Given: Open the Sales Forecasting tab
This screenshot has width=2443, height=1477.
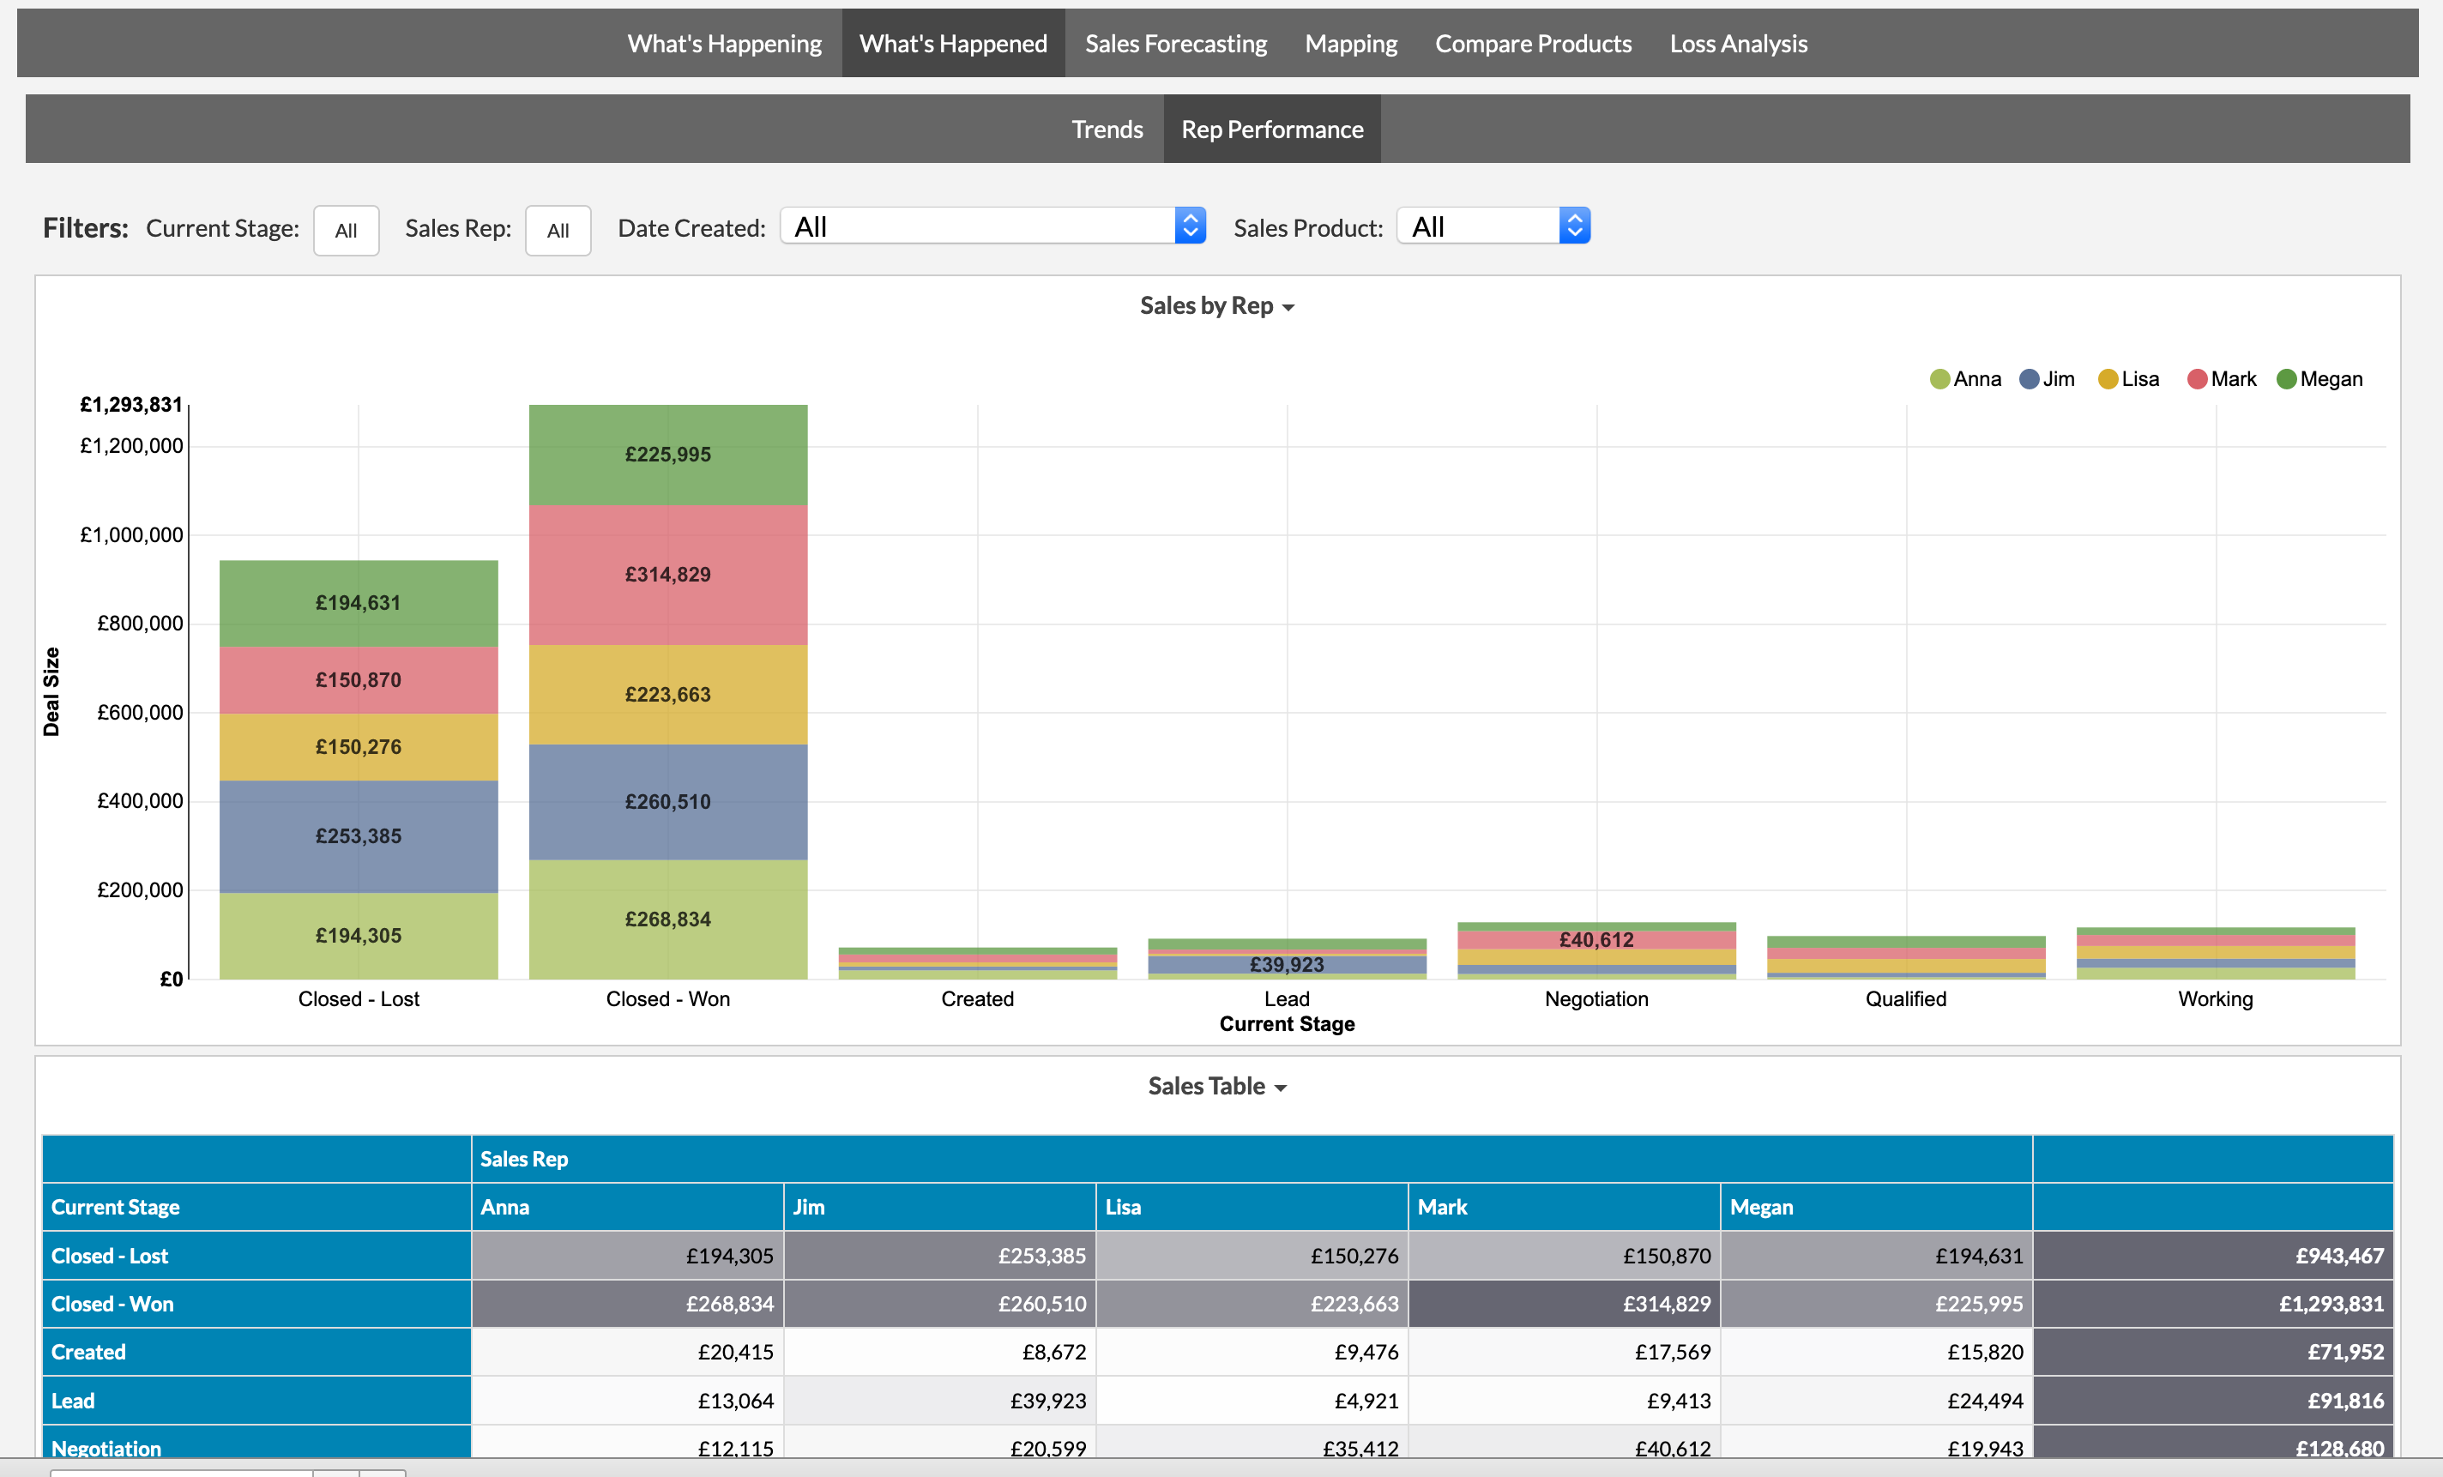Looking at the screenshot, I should [1175, 44].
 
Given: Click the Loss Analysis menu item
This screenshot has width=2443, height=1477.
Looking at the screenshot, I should [1737, 44].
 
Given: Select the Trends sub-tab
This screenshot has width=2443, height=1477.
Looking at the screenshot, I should [1107, 129].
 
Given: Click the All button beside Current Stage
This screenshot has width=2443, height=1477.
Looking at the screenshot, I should [345, 230].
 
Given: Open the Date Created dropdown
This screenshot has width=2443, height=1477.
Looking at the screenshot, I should [992, 226].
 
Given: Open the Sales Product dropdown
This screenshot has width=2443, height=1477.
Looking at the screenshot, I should [1493, 226].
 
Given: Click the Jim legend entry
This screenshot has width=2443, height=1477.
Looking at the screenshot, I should [2048, 378].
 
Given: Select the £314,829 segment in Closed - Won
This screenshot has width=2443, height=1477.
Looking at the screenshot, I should [667, 575].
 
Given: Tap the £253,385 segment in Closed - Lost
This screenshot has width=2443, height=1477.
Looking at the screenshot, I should [358, 835].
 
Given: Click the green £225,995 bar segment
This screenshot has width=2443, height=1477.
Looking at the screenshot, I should [667, 454].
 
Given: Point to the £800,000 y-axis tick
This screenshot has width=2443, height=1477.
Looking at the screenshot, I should [140, 624].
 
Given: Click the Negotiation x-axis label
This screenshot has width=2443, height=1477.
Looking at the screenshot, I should [1595, 998].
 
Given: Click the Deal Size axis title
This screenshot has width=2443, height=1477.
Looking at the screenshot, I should [51, 691].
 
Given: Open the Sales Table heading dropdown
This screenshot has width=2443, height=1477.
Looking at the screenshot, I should [1215, 1087].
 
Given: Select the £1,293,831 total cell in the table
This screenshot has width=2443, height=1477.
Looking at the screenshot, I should [2330, 1304].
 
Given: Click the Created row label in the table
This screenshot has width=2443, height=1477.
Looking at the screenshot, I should [89, 1352].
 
